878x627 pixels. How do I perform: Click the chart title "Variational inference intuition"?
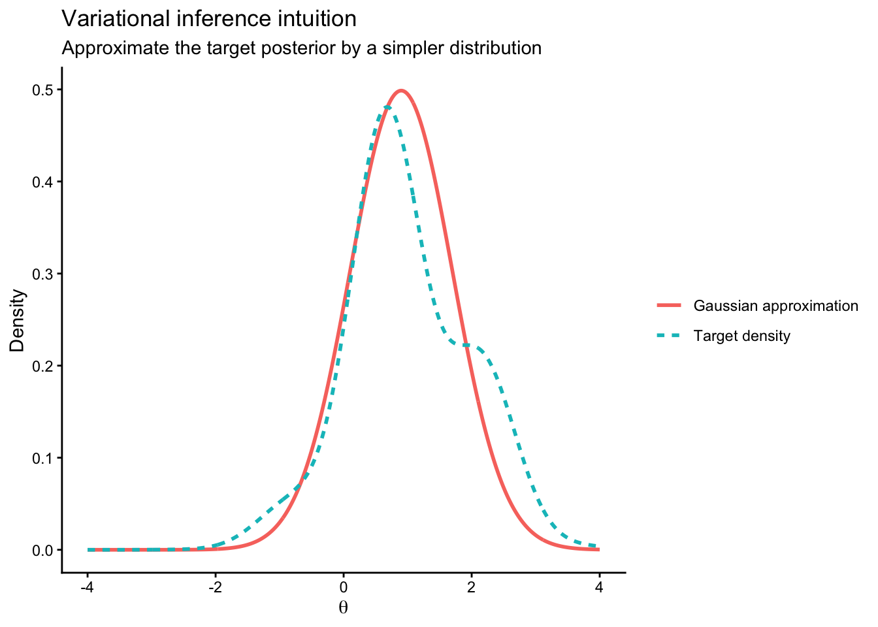click(x=209, y=19)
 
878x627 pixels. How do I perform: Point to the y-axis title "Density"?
click(x=18, y=320)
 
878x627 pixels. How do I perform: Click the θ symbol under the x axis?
click(x=344, y=608)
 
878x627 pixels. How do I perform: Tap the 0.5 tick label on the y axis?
click(x=43, y=89)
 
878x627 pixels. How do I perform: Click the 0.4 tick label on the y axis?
click(x=43, y=182)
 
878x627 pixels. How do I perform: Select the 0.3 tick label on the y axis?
click(x=43, y=274)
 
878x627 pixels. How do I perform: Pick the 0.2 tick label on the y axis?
click(x=43, y=366)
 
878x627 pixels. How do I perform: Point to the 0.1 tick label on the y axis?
click(x=43, y=458)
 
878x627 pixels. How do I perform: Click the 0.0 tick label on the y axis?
click(x=43, y=550)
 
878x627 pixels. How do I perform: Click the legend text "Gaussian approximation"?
click(x=775, y=306)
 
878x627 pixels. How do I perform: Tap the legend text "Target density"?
click(x=742, y=336)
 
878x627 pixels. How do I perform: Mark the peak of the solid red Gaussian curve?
click(x=401, y=90)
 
